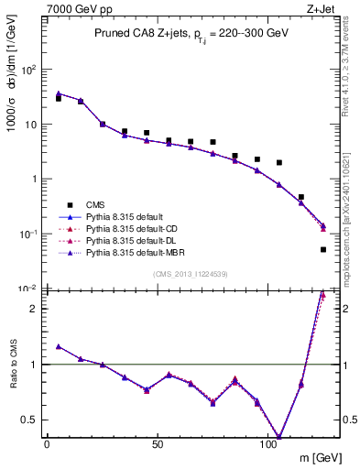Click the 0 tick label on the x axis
tap(47, 443)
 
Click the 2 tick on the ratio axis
tap(31, 309)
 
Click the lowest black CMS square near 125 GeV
tap(323, 249)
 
